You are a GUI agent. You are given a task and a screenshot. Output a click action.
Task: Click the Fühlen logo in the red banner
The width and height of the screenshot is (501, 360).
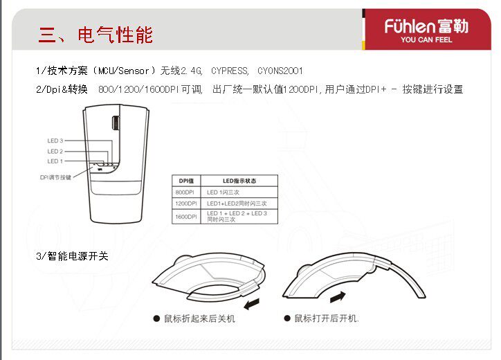click(426, 26)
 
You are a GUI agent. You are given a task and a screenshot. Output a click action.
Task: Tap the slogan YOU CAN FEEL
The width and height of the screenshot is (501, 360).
click(426, 39)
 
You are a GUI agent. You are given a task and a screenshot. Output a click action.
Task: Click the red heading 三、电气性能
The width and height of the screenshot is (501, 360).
click(95, 35)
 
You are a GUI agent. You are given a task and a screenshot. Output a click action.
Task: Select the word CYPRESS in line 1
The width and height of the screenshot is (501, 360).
click(230, 71)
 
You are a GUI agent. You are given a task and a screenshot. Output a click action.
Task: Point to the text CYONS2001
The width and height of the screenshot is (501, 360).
click(280, 71)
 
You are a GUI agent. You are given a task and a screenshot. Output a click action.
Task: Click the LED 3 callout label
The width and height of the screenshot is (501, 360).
click(55, 141)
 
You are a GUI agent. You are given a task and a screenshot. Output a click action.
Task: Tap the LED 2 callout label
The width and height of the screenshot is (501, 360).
click(55, 151)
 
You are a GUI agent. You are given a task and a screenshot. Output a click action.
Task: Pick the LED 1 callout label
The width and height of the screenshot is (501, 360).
click(55, 161)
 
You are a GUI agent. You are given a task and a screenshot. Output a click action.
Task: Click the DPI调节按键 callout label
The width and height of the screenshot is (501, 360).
click(55, 177)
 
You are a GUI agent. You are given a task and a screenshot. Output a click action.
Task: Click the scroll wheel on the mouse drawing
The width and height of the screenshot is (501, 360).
click(116, 123)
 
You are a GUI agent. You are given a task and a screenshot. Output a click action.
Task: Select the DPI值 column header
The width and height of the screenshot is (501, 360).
click(186, 181)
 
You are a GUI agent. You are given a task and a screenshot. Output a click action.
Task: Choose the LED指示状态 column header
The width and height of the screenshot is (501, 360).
click(239, 181)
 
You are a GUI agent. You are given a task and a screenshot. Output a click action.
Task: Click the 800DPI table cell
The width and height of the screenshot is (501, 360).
click(185, 192)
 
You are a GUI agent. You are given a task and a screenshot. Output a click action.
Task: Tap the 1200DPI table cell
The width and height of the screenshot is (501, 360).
click(186, 204)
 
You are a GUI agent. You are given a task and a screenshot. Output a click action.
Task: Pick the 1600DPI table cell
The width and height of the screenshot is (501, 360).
click(186, 217)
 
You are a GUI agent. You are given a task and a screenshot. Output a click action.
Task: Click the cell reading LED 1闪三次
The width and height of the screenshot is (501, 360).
click(223, 192)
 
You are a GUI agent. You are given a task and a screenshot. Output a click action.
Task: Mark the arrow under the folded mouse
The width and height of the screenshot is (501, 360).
click(252, 304)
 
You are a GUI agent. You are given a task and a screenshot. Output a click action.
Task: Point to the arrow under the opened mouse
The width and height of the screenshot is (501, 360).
click(338, 297)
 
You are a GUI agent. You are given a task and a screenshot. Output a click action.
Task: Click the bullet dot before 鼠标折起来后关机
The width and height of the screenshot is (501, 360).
click(156, 318)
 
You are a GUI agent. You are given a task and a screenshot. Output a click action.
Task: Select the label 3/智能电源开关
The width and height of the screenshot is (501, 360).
click(72, 256)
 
